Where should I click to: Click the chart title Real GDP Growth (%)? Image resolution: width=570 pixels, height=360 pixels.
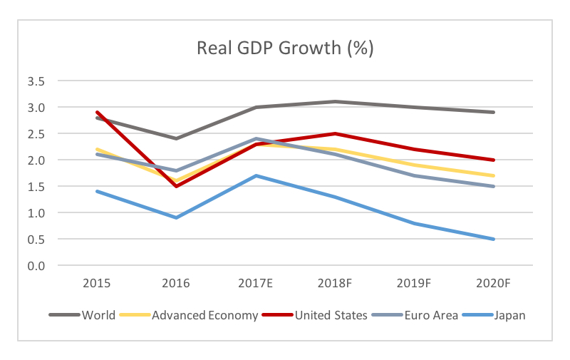pos(285,48)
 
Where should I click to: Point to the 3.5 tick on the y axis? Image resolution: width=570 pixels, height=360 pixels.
pos(36,81)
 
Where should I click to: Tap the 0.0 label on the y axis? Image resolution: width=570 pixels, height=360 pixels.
pos(36,266)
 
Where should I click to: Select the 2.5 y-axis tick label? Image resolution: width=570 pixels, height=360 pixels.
pos(36,134)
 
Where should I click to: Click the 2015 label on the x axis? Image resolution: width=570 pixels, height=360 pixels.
pos(97,283)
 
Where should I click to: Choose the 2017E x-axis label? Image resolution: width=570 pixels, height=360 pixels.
pos(255,283)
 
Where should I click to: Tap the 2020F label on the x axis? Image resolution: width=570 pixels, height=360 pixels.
pos(493,283)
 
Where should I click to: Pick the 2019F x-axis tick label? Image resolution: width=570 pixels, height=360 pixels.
pos(414,283)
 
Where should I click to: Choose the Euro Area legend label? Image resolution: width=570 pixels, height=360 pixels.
pos(431,315)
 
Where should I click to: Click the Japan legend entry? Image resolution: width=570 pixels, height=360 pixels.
pos(509,315)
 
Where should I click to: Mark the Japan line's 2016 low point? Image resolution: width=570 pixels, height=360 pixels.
pos(176,218)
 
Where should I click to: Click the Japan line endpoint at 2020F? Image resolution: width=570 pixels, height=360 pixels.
pos(493,239)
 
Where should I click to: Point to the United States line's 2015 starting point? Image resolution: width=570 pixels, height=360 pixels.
pos(97,112)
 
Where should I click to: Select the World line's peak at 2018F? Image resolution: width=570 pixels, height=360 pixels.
pos(335,101)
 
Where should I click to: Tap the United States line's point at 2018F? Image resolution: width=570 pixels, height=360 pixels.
pos(335,133)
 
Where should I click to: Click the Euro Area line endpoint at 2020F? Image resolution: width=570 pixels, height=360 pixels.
pos(493,186)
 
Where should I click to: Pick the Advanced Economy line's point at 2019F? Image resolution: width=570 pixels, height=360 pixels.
pos(414,165)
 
